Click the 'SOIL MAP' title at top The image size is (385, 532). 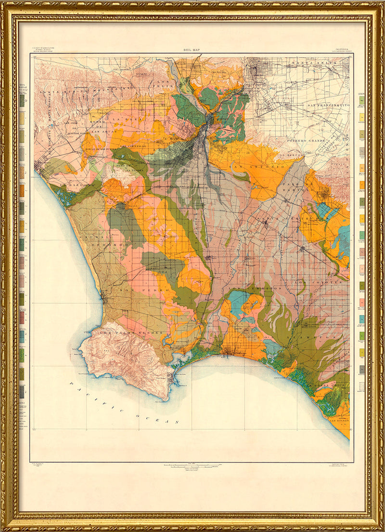tap(192, 50)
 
